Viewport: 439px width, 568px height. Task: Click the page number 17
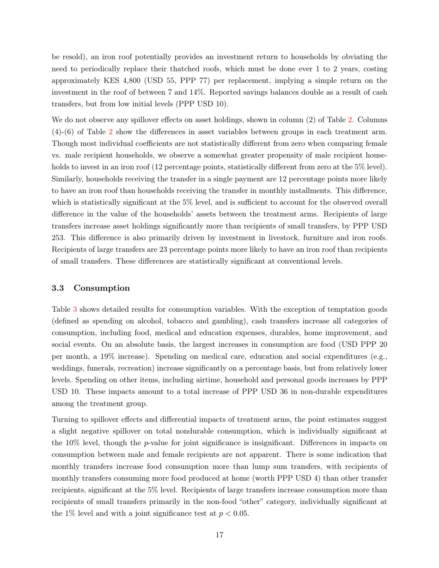coord(219,535)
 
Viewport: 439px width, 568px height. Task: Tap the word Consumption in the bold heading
coord(102,288)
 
